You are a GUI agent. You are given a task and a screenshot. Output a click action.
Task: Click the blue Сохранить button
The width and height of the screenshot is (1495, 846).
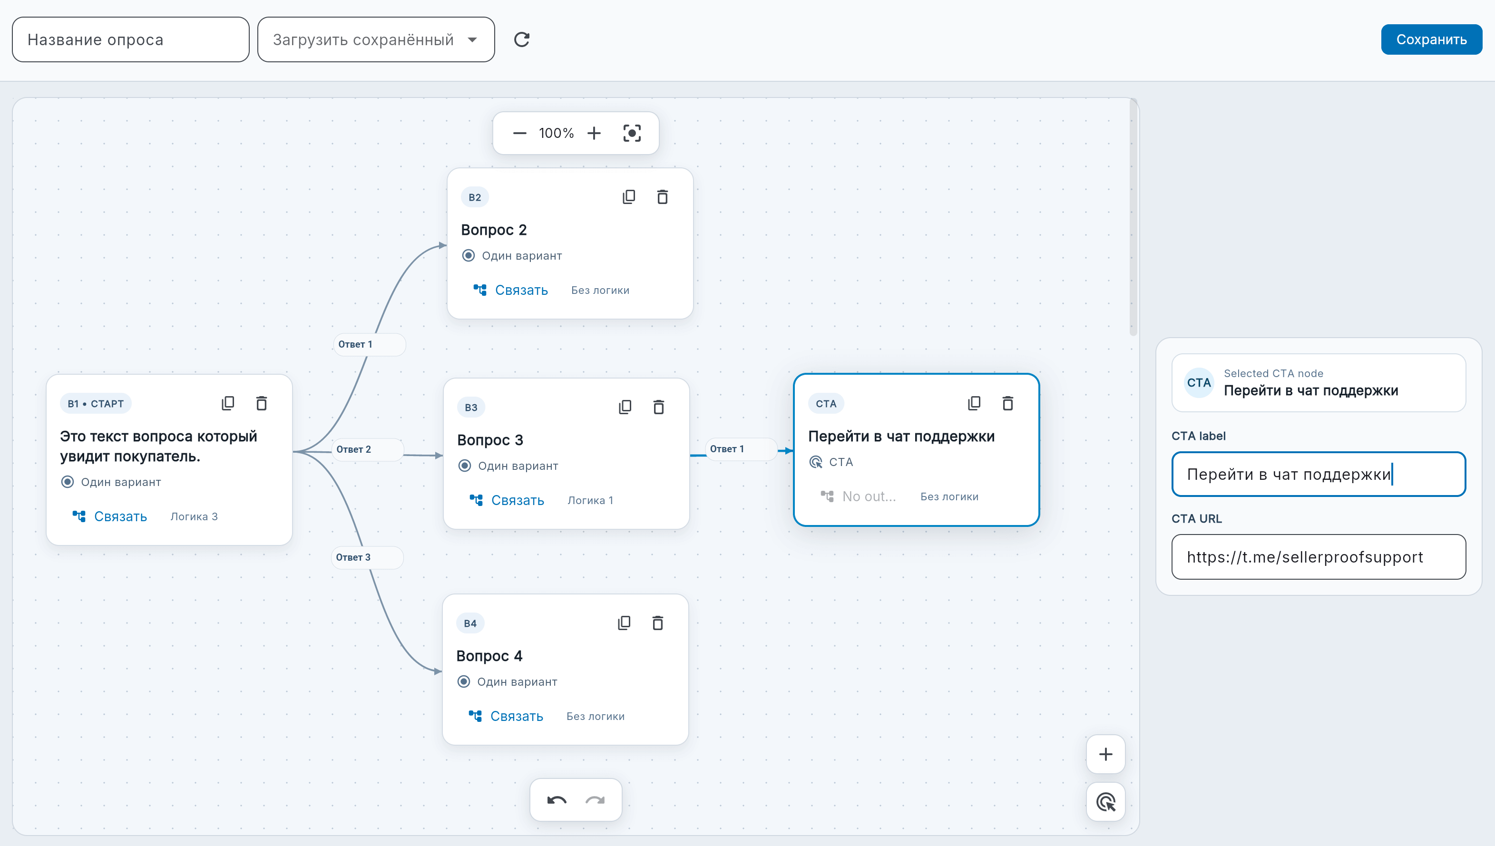tap(1431, 39)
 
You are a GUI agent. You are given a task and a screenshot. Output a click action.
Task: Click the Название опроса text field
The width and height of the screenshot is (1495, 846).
tap(131, 39)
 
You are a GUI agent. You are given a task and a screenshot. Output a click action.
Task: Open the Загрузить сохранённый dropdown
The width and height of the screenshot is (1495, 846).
tap(376, 39)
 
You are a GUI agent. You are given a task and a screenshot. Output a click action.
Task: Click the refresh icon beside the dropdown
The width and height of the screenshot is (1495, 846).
tap(522, 39)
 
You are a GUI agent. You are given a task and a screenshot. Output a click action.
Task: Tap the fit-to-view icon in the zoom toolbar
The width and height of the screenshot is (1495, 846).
tap(632, 133)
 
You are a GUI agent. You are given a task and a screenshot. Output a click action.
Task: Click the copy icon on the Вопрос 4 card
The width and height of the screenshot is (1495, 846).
tap(624, 623)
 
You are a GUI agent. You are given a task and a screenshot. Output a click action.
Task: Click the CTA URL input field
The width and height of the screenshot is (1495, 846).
tap(1319, 557)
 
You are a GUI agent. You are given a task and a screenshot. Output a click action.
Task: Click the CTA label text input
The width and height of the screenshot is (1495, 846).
tap(1319, 474)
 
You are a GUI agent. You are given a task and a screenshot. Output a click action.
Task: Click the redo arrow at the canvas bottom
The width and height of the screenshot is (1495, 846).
tap(595, 800)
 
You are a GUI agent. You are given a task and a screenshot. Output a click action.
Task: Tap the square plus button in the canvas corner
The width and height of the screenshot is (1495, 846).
tap(1106, 754)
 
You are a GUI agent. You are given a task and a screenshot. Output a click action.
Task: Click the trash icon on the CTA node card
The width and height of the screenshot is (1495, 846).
tap(1008, 403)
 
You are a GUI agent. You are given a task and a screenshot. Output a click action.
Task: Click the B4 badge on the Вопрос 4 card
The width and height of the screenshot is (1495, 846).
tap(470, 623)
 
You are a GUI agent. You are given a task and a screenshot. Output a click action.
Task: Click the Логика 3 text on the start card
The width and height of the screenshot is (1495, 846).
tap(194, 516)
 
